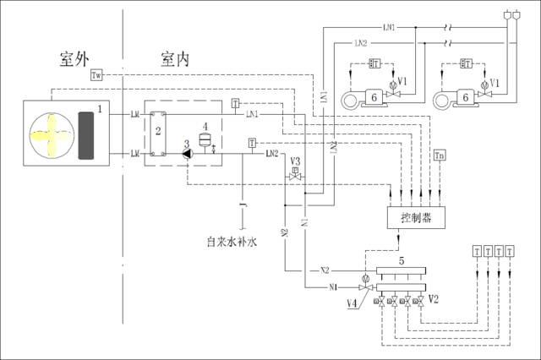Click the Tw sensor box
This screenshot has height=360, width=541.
point(97,76)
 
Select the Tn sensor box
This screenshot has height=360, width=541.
point(438,156)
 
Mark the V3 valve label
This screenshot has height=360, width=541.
point(296,161)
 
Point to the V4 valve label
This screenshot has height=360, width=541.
point(352,303)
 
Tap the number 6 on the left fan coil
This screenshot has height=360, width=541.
point(372,98)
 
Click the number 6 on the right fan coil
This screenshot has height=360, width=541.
point(465,98)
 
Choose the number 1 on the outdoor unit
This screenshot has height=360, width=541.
point(100,109)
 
